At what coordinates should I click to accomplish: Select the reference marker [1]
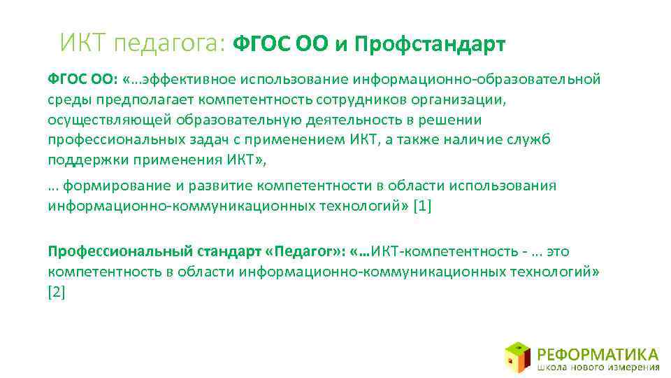point(423,206)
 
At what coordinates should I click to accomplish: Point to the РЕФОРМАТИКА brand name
point(598,353)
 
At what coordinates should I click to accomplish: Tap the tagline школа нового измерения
point(598,367)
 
